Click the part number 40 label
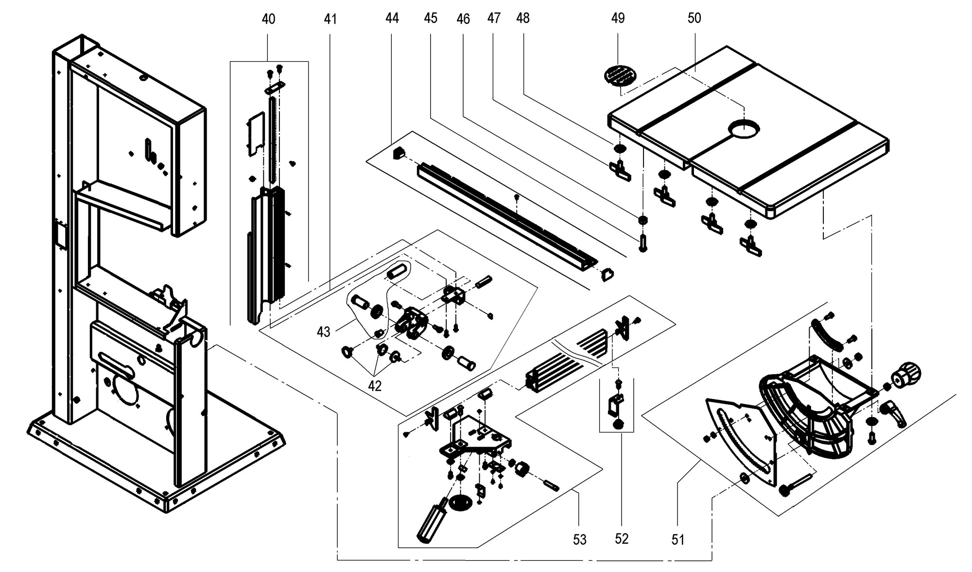pos(268,19)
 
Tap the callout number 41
pos(330,19)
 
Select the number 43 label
pos(323,332)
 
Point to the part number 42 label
pos(375,385)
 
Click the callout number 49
pos(618,18)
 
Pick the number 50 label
pos(694,18)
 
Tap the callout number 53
pos(579,539)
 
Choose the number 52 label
pos(622,538)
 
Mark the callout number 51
pos(677,539)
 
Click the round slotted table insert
pos(620,76)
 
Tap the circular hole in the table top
pos(744,130)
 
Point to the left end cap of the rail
pos(398,154)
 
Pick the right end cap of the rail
pos(607,275)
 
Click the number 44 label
pos(392,18)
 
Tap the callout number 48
pos(522,18)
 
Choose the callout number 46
pos(463,19)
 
